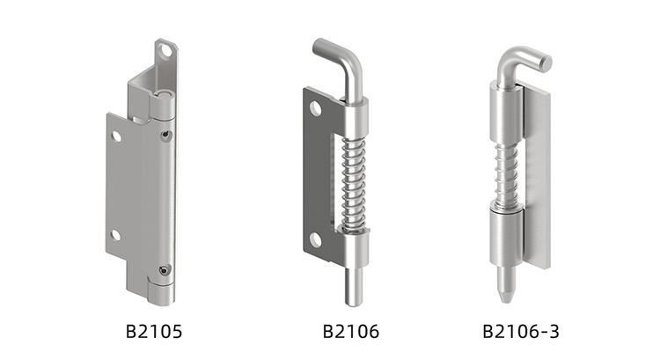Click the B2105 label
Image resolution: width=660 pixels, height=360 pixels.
pos(154,331)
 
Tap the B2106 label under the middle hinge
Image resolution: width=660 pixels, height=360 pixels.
pos(350,331)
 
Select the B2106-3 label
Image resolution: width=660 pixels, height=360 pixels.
pos(521,331)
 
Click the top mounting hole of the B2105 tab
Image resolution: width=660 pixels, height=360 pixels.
pos(166,50)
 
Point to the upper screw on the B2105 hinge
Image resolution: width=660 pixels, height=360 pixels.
pos(166,135)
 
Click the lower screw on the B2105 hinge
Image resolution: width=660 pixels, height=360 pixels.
pos(165,270)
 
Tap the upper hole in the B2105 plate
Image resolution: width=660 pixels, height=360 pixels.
pos(116,136)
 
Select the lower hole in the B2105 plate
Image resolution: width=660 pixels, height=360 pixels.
pos(116,235)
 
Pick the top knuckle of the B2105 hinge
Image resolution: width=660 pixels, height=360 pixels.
pos(162,105)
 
